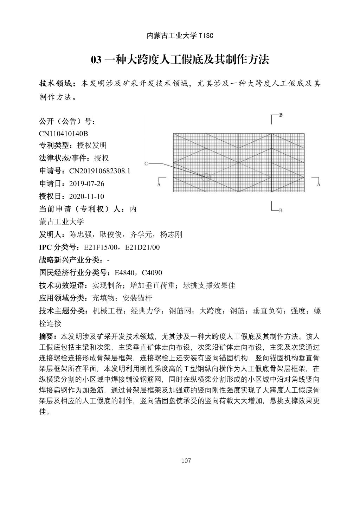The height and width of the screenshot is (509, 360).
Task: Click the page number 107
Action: (186, 460)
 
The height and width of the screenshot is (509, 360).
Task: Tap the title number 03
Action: (96, 60)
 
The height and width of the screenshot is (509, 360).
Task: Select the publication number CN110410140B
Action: (63, 134)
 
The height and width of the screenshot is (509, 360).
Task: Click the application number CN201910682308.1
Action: (99, 171)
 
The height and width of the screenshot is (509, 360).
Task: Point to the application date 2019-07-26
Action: (87, 184)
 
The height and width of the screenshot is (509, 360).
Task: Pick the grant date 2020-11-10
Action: (87, 196)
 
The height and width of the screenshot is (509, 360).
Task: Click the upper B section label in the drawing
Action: (281, 115)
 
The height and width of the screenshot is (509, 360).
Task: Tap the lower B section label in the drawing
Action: (281, 211)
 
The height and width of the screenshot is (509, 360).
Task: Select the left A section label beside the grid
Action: (159, 184)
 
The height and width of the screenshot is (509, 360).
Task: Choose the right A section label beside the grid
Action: (319, 184)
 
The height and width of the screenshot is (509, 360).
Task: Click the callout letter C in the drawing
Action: (146, 163)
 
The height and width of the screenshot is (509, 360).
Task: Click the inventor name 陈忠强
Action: (81, 234)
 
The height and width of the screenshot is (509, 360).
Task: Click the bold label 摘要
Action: (46, 336)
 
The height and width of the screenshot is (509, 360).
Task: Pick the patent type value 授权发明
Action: (92, 146)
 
